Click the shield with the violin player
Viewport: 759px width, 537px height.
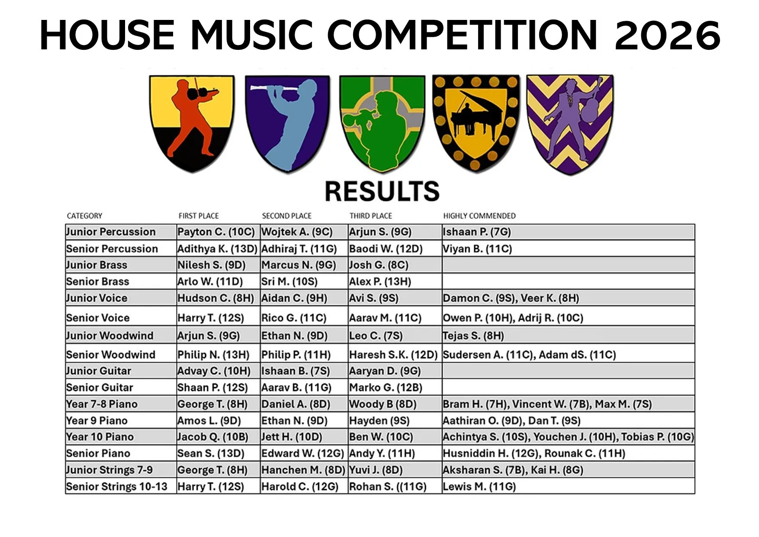click(192, 123)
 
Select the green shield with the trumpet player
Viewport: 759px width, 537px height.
click(382, 123)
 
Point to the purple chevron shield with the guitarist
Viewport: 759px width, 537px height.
click(570, 124)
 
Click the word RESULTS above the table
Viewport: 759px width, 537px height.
click(382, 191)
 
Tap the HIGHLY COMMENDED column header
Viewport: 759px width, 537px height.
click(479, 216)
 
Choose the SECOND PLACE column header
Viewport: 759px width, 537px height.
click(286, 216)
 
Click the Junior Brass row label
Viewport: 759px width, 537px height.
click(96, 265)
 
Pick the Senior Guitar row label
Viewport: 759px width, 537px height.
click(100, 387)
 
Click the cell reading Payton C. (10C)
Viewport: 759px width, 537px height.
click(216, 232)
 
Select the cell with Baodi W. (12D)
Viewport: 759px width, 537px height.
click(386, 249)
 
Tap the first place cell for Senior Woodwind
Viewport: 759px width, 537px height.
click(213, 355)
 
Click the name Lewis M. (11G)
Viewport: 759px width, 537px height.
click(479, 487)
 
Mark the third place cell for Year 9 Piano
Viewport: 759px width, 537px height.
click(379, 421)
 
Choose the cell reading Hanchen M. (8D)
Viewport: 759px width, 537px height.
click(303, 470)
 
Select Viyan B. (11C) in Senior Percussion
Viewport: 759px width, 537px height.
click(477, 249)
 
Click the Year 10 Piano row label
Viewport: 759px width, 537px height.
click(100, 437)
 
